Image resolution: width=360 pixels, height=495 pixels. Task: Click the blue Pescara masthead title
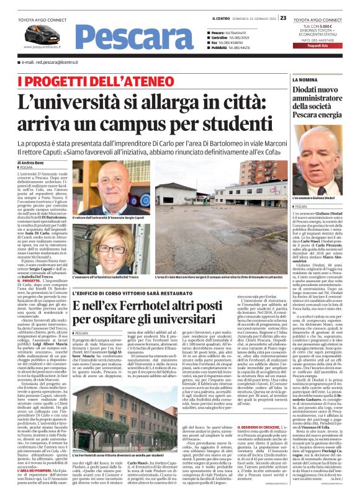120,37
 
